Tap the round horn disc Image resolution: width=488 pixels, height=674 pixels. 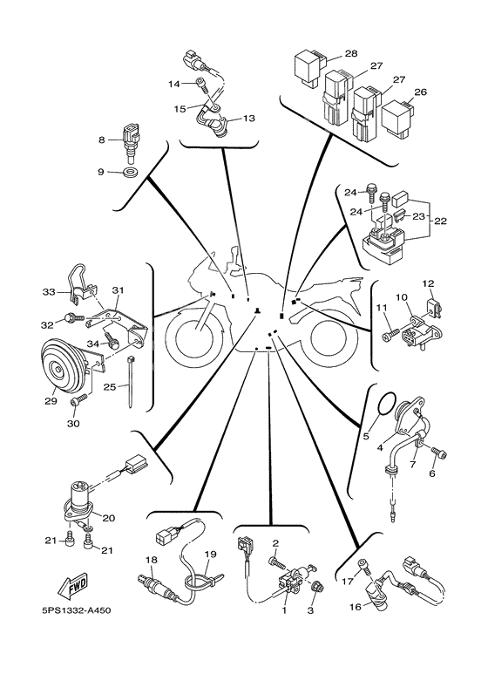point(62,365)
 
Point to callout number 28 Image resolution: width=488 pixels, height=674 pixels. point(350,54)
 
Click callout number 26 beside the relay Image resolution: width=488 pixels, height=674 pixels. point(421,92)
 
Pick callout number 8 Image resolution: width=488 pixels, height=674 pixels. point(102,140)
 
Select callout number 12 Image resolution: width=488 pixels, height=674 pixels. point(429,284)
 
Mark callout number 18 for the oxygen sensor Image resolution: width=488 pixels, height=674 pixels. point(150,559)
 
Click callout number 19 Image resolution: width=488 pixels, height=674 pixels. point(210,554)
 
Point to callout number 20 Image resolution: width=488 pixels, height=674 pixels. point(109,516)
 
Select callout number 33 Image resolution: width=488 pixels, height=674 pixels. point(49,290)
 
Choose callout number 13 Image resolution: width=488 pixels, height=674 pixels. point(248,118)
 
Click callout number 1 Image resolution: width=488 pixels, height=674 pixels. point(283,611)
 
